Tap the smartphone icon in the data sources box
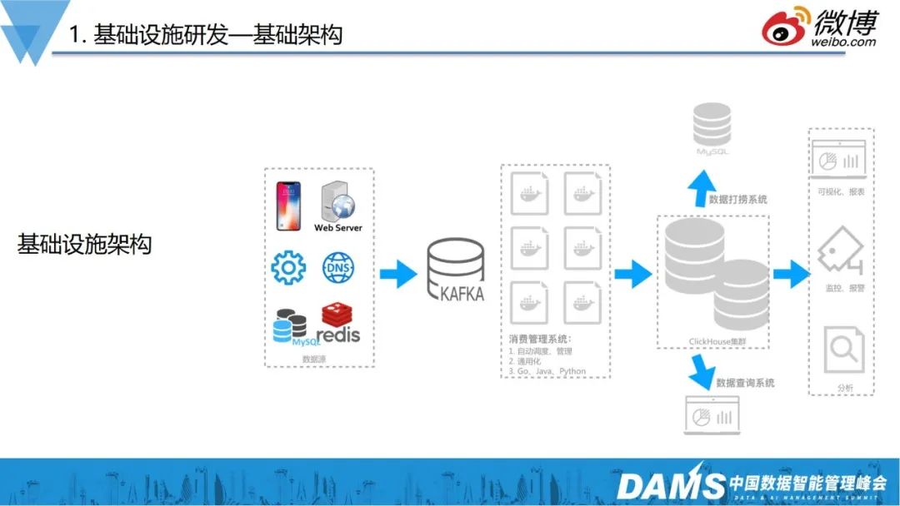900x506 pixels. pyautogui.click(x=287, y=206)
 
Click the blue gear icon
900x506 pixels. pyautogui.click(x=288, y=268)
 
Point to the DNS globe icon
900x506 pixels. pyautogui.click(x=338, y=268)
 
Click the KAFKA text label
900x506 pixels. pyautogui.click(x=460, y=294)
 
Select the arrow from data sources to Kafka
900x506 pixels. pyautogui.click(x=397, y=273)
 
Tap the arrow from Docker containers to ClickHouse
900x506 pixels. pyautogui.click(x=632, y=273)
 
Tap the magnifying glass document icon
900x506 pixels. pyautogui.click(x=840, y=350)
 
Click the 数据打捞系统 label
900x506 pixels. pyautogui.click(x=738, y=200)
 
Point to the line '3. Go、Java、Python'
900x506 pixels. pyautogui.click(x=547, y=371)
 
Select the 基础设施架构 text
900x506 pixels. pyautogui.click(x=84, y=245)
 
